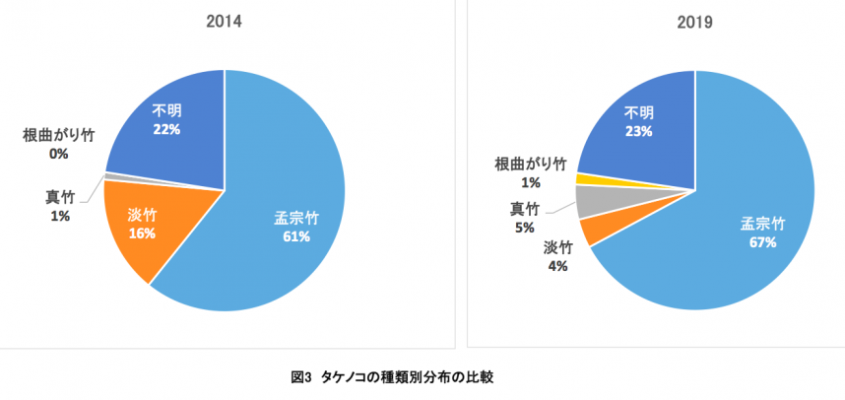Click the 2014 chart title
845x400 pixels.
(x=225, y=21)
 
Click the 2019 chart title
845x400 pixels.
(x=695, y=21)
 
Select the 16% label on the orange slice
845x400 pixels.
(x=142, y=233)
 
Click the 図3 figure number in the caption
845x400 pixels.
(x=300, y=376)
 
